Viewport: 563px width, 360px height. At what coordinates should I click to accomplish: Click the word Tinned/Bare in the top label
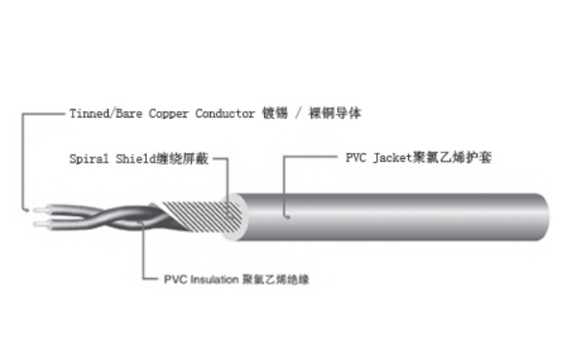pos(106,114)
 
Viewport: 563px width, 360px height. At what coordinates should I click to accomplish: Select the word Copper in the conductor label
pos(168,114)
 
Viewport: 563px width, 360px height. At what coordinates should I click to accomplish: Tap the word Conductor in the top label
pos(225,114)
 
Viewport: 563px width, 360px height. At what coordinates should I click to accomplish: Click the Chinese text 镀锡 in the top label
pos(275,113)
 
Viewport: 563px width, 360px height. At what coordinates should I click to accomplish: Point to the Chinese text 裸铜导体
pos(335,113)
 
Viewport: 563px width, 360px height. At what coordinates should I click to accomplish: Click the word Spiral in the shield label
pos(89,158)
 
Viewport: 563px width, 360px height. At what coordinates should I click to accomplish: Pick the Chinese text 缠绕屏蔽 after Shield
pos(182,158)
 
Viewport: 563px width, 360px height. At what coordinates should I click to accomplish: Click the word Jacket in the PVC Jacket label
pos(392,157)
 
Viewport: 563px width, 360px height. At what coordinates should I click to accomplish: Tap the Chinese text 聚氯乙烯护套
pos(452,157)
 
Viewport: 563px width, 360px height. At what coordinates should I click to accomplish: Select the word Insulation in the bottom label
pos(214,279)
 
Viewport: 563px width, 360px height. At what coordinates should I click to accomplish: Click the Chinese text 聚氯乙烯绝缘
pos(276,279)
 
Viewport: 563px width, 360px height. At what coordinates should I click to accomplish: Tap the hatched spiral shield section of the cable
pos(201,216)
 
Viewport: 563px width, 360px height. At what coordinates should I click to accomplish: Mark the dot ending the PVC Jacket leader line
pos(288,217)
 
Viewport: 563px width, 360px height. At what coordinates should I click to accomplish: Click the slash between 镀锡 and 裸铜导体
pos(299,114)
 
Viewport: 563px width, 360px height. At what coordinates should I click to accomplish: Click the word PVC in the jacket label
pos(356,157)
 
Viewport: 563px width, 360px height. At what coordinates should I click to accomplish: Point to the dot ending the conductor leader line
pos(28,210)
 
